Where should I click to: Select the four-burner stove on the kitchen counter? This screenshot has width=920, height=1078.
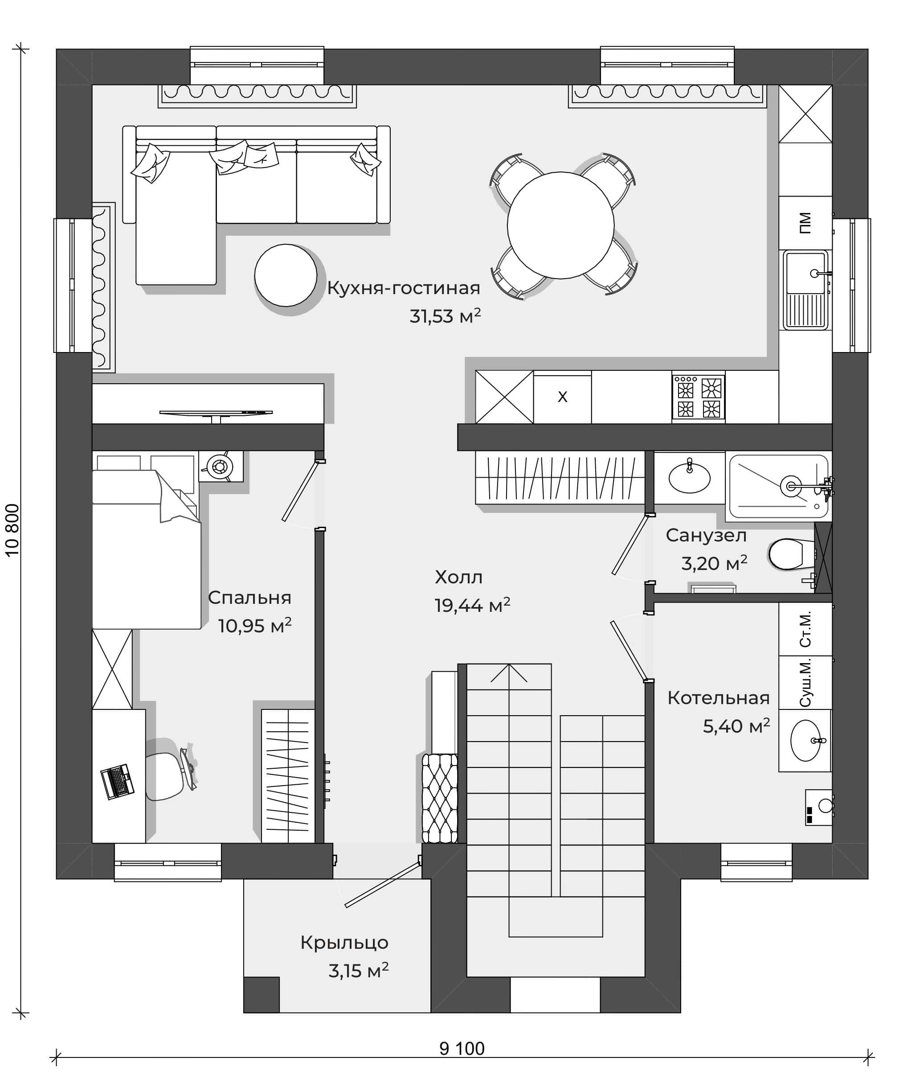[x=698, y=397]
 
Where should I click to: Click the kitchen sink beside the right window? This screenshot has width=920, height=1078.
[x=806, y=290]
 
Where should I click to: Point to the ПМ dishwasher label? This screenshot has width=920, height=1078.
[x=805, y=223]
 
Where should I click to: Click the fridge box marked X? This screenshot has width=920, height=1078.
[x=562, y=397]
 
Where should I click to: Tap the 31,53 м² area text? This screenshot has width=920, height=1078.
[x=445, y=316]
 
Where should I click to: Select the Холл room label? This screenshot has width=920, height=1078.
[x=459, y=577]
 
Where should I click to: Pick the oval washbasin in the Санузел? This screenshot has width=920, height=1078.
[x=689, y=478]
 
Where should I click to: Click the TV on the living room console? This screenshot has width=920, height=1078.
[x=216, y=414]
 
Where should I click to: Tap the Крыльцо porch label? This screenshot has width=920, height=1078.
[x=344, y=943]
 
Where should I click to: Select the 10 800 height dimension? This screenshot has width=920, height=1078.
[x=12, y=530]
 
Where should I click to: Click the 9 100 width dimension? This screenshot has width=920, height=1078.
[x=462, y=1048]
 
